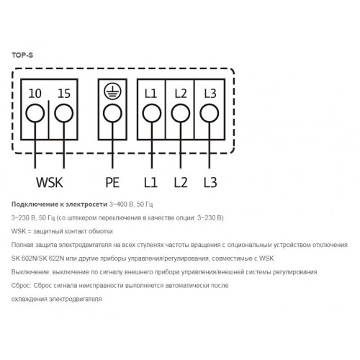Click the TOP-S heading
coord(22,55)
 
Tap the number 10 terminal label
coord(35,94)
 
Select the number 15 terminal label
coord(64,94)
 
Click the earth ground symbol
coord(112,92)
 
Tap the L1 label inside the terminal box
coord(150,94)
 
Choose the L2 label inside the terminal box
coord(181,94)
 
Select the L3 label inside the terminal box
coord(210,94)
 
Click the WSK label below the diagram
coord(50,182)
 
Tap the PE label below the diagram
coord(112,182)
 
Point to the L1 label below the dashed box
coord(150,182)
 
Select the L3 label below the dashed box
coord(210,182)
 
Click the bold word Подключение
coord(33,204)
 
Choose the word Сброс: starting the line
coord(22,286)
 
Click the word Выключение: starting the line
coord(31,272)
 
